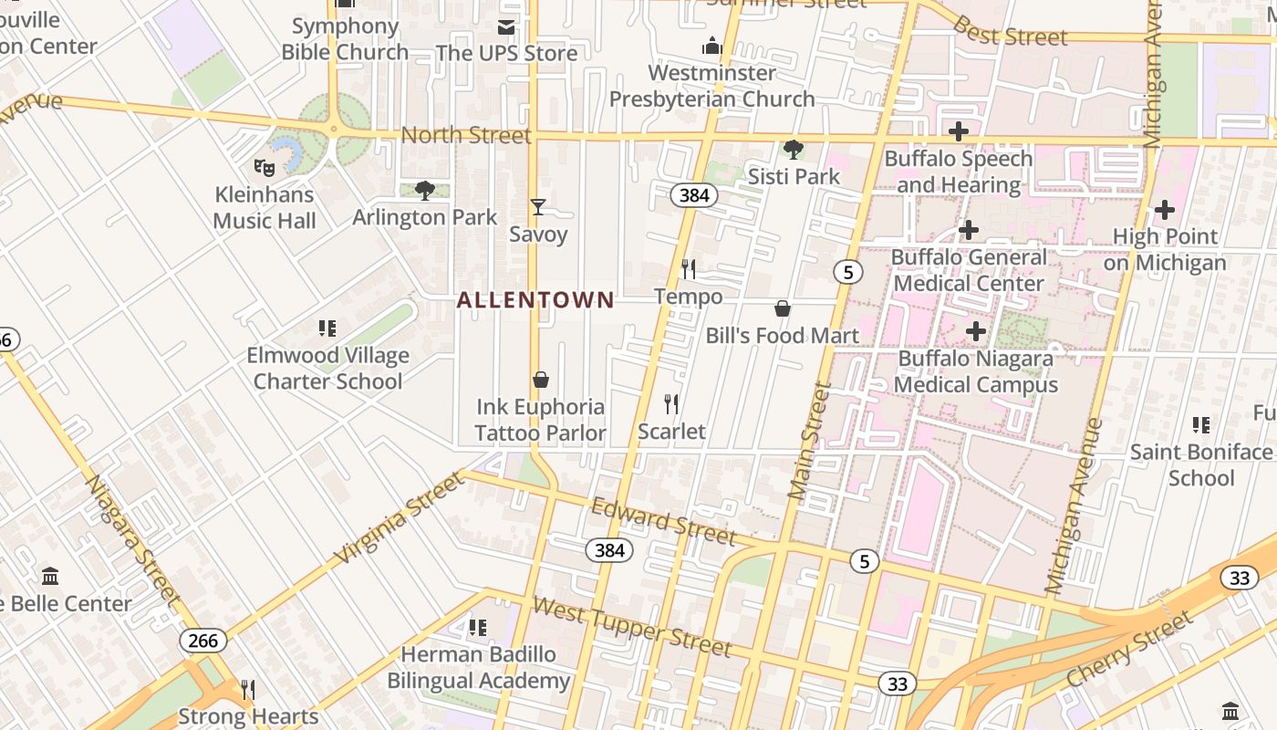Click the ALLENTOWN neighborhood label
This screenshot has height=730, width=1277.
pos(535,299)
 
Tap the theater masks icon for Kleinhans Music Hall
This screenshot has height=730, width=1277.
pos(265,167)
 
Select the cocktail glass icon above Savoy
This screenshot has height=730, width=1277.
pos(538,207)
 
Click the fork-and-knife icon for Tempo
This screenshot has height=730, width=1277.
pos(689,269)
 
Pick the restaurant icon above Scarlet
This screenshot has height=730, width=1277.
pos(671,403)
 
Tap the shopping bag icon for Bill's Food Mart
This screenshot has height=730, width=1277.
pos(782,308)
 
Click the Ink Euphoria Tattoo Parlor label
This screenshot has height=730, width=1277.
pos(540,420)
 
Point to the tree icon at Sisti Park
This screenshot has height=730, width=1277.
pos(794,149)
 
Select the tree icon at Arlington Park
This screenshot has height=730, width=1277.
pos(424,190)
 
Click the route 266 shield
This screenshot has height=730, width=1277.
pos(202,641)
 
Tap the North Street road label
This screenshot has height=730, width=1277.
pos(465,136)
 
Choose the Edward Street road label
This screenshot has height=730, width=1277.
pos(663,521)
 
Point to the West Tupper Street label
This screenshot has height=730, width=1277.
pos(631,627)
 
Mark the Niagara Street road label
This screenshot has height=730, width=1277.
pos(133,538)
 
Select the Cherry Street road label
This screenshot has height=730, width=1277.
pos(1129,650)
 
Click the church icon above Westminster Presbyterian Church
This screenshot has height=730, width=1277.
pos(712,46)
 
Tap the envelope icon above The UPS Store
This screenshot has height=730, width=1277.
pos(505,27)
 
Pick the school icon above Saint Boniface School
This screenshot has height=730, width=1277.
pos(1201,425)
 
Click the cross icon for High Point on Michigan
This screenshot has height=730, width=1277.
pos(1164,210)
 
